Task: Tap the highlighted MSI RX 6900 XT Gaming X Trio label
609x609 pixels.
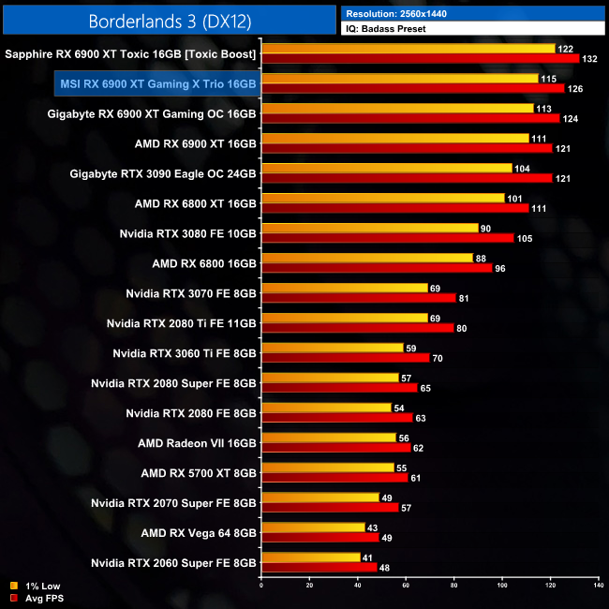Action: click(x=158, y=84)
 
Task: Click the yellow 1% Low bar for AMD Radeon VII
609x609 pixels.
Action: click(x=329, y=438)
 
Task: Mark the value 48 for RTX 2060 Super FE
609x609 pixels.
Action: click(x=385, y=568)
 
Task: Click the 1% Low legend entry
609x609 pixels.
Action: click(x=37, y=587)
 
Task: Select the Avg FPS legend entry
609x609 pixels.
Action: click(x=40, y=598)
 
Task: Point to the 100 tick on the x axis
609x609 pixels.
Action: click(x=501, y=587)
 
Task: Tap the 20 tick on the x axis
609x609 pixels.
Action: click(x=310, y=587)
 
